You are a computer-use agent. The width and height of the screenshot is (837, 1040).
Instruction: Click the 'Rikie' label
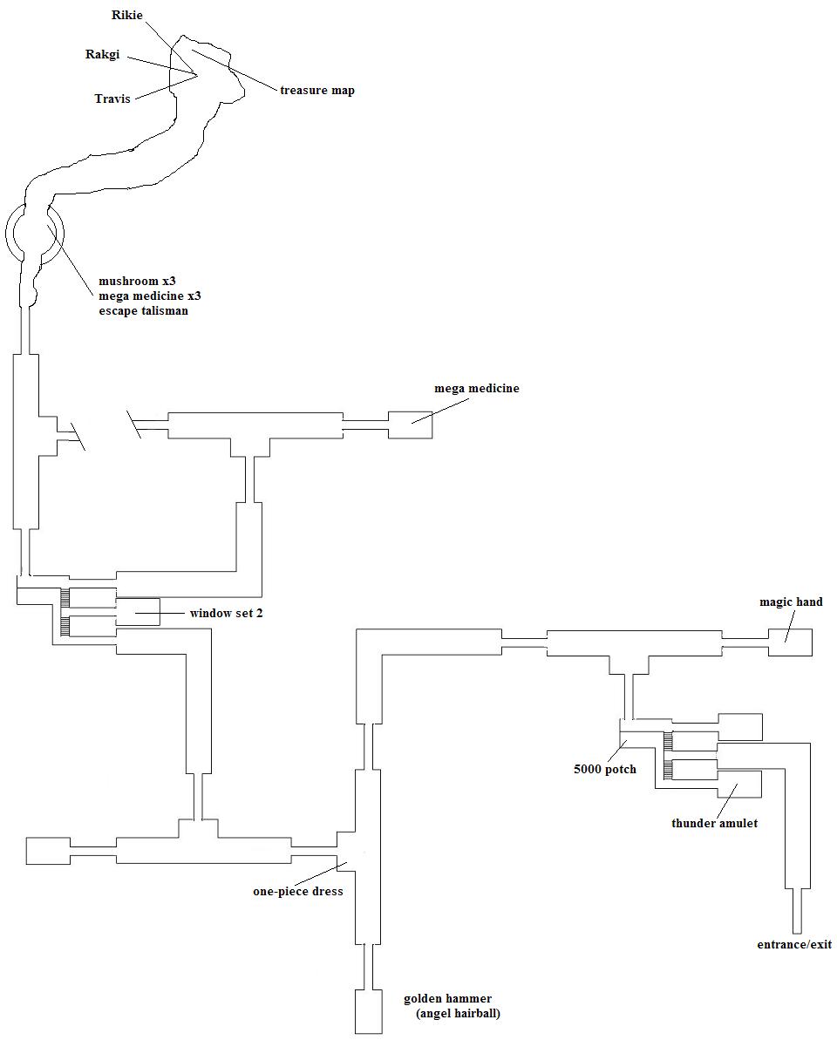coord(127,15)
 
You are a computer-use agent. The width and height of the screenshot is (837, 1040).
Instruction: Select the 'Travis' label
coord(112,99)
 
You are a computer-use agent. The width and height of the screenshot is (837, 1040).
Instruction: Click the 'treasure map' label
coord(317,90)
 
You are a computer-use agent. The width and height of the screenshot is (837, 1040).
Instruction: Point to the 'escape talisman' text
coord(143,310)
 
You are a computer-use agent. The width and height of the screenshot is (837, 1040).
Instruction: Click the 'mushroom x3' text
coord(137,282)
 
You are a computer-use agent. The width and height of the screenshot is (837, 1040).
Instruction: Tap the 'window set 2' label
coord(227,613)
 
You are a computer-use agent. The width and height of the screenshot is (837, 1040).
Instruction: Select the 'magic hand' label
coord(791,602)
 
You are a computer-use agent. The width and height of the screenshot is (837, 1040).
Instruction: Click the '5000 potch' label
coord(604,770)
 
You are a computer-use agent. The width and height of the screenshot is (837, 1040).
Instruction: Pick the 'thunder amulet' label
coord(714,823)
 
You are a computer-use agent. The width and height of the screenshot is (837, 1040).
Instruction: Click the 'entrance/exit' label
coord(794,944)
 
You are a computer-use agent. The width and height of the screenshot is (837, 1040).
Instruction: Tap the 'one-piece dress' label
coord(298,891)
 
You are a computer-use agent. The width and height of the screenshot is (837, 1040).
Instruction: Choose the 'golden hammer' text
coord(447,998)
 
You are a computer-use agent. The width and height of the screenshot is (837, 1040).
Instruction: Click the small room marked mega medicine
coord(410,425)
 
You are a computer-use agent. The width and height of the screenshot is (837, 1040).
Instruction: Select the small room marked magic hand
coord(790,642)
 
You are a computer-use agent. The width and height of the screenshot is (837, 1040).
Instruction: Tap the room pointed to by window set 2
coord(138,612)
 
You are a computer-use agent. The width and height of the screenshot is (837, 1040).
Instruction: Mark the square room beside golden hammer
coord(368,1011)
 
